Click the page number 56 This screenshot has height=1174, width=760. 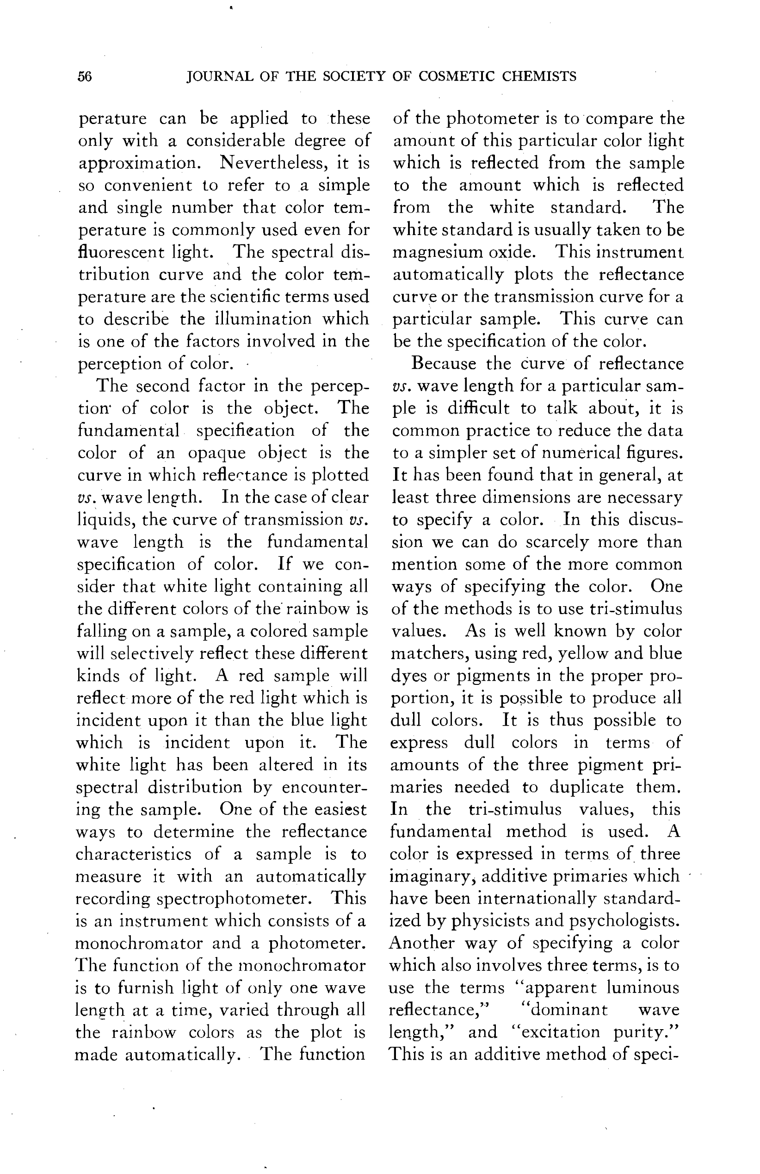tap(85, 77)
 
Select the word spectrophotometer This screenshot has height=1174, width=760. tap(233, 898)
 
